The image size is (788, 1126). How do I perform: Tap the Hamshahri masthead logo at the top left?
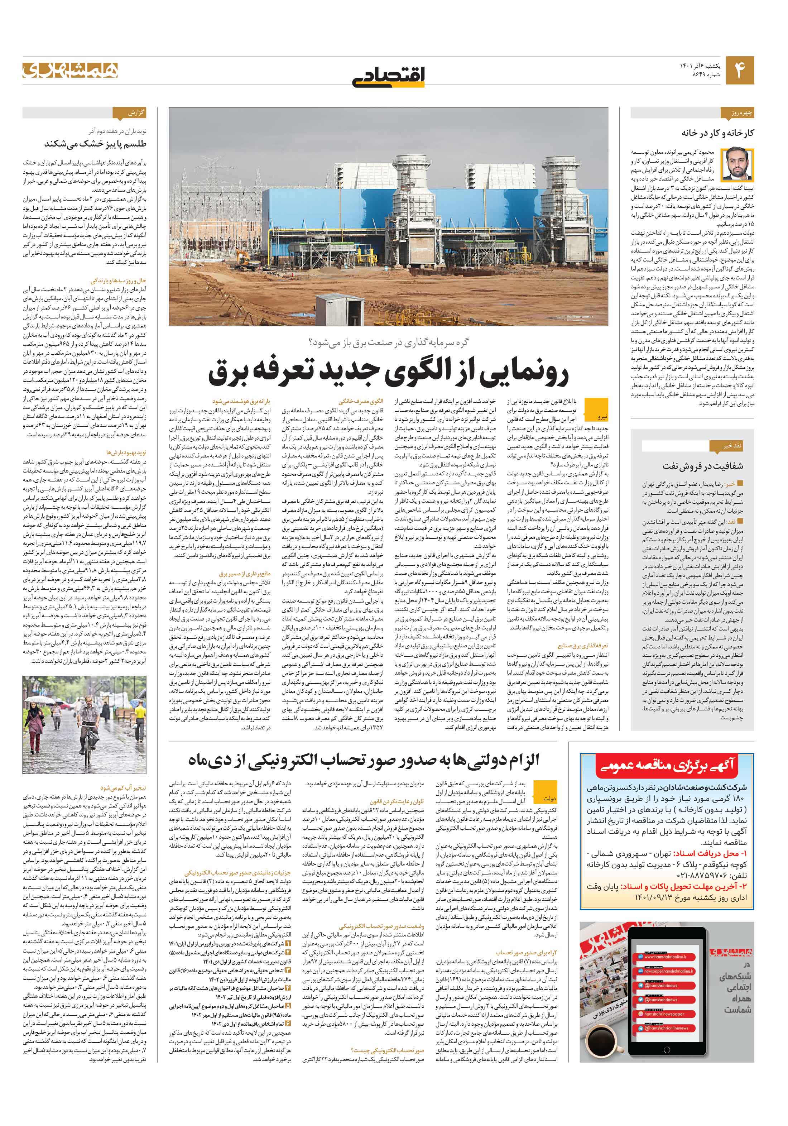pos(70,70)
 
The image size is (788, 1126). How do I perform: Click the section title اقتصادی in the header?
pos(388,76)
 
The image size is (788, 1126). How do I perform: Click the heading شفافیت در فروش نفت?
pos(703,465)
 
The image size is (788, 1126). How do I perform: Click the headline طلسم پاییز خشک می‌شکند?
pos(95,144)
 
